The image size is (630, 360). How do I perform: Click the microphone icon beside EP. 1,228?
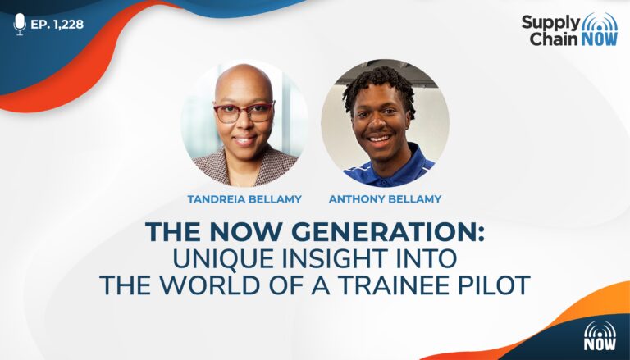[20, 24]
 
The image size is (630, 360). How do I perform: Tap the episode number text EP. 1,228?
[57, 25]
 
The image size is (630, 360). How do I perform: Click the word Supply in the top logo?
[551, 22]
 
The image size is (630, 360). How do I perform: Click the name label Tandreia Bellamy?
[244, 199]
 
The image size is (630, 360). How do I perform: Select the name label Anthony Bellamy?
[385, 199]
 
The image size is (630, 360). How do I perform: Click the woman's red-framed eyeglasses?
[244, 112]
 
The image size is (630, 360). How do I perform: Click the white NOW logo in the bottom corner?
[600, 336]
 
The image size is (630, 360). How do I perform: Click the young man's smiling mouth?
[379, 139]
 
